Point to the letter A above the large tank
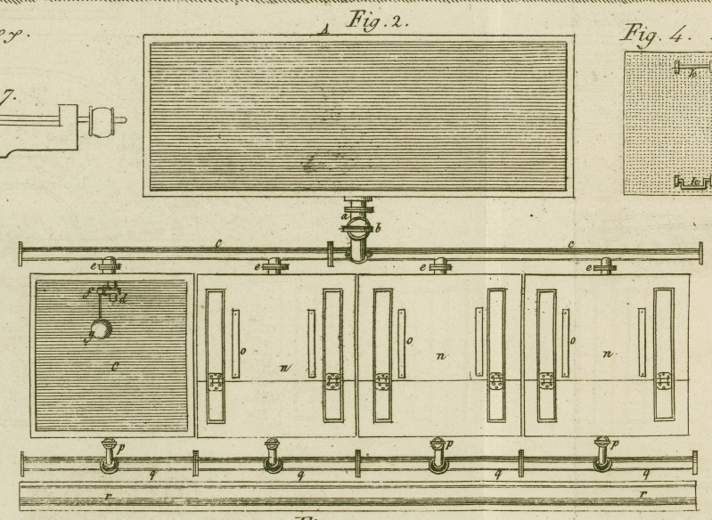325,29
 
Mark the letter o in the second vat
242,350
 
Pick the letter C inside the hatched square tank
116,365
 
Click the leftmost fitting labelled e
110,265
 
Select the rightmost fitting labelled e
605,265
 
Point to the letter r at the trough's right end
642,492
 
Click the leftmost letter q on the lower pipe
151,475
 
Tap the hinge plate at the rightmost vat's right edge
664,382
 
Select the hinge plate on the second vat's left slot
215,382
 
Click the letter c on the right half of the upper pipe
571,243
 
